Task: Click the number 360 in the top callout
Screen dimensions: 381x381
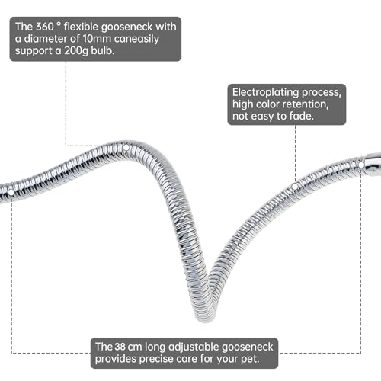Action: coord(44,27)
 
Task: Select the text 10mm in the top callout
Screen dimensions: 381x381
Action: coord(97,39)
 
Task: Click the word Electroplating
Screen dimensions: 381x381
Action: coord(265,92)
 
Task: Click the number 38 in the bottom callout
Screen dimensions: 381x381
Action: coord(120,347)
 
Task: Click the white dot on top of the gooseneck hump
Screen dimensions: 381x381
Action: coord(126,148)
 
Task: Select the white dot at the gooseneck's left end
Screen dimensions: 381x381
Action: coord(11,193)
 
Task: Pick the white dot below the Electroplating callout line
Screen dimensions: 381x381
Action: coord(295,187)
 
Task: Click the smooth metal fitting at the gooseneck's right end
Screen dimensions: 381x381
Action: coord(373,165)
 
